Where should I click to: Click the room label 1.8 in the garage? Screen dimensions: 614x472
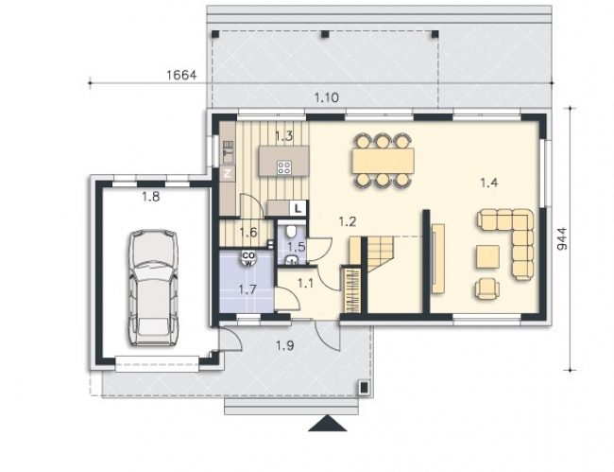point(151,197)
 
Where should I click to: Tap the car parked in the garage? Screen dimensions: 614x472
point(153,288)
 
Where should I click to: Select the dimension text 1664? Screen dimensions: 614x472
point(181,75)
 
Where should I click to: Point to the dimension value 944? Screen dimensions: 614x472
point(561,238)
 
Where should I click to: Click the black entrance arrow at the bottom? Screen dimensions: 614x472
point(328,424)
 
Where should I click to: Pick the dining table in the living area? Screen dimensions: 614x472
point(383,161)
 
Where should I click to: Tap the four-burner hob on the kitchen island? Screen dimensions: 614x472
point(284,167)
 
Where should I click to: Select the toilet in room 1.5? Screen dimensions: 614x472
point(291,232)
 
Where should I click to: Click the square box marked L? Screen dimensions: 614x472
point(298,208)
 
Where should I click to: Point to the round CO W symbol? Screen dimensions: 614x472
point(248,258)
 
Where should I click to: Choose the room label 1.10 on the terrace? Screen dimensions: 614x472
point(327,97)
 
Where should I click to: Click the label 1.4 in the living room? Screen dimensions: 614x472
point(489,183)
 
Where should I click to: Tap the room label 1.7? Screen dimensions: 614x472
point(247,290)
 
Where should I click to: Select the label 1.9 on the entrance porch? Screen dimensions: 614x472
point(285,345)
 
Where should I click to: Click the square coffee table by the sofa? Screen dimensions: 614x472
point(487,256)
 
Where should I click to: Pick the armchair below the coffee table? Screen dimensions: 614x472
point(487,288)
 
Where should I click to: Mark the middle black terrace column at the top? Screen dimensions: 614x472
point(325,34)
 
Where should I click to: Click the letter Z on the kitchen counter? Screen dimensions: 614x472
point(228,173)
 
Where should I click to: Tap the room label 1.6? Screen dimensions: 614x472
point(248,233)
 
